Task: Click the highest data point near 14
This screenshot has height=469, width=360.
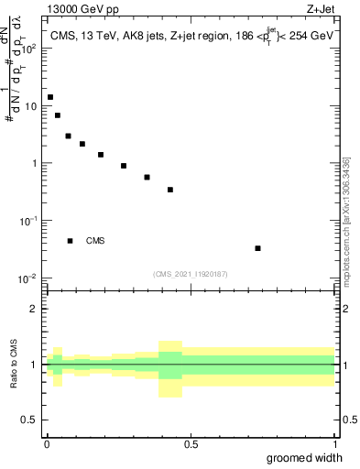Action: pos(50,97)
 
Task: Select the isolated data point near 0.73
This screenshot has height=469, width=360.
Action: pos(258,248)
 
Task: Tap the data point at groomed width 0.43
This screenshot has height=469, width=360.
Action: pos(170,190)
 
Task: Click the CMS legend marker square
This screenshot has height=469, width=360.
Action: pos(71,241)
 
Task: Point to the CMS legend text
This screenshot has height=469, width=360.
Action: pos(95,241)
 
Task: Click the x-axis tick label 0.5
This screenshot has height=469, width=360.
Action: pos(191,444)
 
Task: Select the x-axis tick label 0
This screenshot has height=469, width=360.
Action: pos(47,444)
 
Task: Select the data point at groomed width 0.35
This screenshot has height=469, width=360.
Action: pos(147,177)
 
